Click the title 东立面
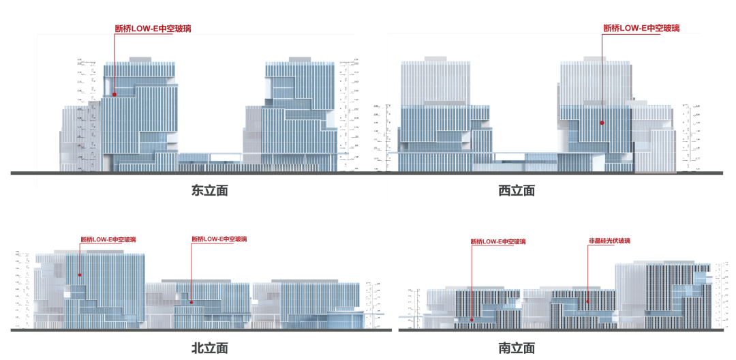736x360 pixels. click(x=209, y=191)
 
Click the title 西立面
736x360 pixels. click(x=517, y=191)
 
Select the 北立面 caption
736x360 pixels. click(x=209, y=348)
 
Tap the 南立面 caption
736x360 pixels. click(x=517, y=348)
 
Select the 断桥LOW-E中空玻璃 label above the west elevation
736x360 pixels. click(x=641, y=28)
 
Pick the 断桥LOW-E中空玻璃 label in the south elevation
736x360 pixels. click(x=498, y=241)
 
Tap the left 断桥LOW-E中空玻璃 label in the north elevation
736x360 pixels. click(x=108, y=239)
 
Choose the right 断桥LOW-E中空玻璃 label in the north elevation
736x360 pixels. click(x=219, y=239)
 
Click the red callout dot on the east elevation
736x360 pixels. click(x=114, y=95)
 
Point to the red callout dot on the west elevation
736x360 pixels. click(x=602, y=123)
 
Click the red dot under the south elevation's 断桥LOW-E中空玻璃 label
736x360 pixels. click(x=472, y=317)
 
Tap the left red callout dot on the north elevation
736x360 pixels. click(x=80, y=275)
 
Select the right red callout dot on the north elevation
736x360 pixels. click(x=191, y=301)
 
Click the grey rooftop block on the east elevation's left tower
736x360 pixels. click(x=140, y=60)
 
